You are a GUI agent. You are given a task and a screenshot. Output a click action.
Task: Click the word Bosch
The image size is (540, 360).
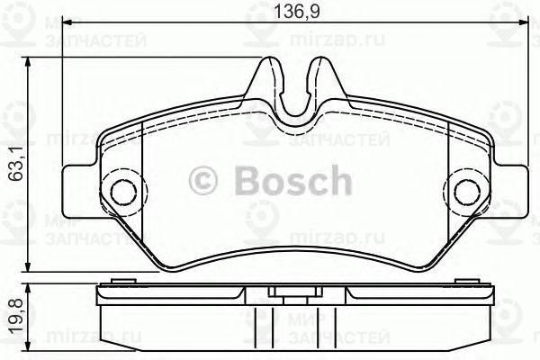pos(294,182)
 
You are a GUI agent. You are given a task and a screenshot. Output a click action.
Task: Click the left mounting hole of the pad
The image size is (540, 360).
pos(120,190)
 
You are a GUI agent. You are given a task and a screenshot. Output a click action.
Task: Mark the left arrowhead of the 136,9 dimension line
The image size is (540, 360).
pos(67,27)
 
